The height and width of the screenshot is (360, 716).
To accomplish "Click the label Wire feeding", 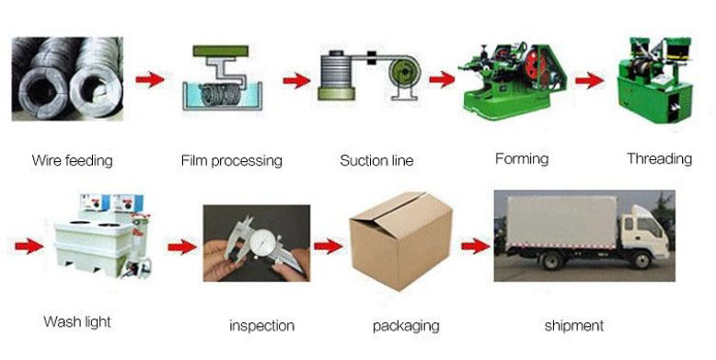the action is tap(72, 161).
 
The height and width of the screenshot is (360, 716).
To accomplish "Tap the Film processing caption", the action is tap(232, 161).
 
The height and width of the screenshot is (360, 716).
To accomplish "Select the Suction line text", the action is tap(376, 160).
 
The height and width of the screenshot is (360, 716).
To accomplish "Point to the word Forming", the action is tap(522, 159).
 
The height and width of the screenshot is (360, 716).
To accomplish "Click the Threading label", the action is tap(659, 159).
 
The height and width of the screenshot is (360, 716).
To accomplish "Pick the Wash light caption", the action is tap(77, 321).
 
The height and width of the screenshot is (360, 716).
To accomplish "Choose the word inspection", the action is tap(261, 326).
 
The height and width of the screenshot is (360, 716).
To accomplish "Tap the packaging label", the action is tap(406, 326).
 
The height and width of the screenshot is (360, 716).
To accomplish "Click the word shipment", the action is tap(574, 326).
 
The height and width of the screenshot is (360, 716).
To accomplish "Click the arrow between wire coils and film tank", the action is tap(150, 79).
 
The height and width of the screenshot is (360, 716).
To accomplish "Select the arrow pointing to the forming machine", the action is tap(442, 79).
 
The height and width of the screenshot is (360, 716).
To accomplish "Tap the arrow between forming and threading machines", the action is tap(589, 80).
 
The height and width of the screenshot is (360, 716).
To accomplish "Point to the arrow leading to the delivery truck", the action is tap(476, 247).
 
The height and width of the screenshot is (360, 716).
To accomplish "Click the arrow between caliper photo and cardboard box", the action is tap(329, 247).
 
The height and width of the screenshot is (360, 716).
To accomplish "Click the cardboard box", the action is tap(400, 240).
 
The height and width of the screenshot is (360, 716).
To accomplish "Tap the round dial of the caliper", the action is tap(262, 241).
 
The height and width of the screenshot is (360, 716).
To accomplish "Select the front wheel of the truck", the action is tap(641, 260).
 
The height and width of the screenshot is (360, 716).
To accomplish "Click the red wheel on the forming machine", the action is tap(533, 64).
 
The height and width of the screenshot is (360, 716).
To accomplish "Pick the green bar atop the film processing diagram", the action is tap(221, 51).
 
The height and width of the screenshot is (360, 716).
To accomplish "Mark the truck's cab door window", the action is tap(649, 227).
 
